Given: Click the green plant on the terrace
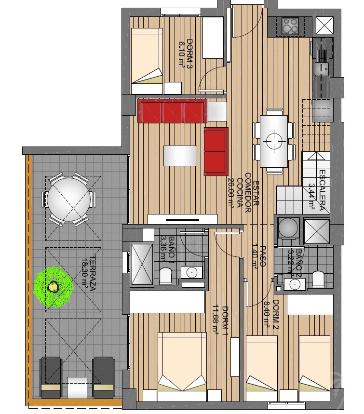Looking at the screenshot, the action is click(54, 287).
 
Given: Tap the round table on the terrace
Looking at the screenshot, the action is click(68, 200).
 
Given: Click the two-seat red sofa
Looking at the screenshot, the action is click(216, 151).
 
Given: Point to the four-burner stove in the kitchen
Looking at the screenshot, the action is click(290, 26).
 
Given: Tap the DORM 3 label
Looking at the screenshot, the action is click(189, 53).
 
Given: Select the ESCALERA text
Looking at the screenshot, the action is click(322, 190).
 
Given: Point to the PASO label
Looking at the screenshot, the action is click(263, 256).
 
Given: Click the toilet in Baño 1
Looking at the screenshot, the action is click(166, 276).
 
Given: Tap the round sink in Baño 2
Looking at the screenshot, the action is click(294, 284).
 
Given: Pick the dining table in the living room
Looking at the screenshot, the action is click(274, 141).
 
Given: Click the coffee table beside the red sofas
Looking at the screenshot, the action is click(180, 156).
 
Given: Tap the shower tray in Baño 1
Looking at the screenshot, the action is click(142, 264).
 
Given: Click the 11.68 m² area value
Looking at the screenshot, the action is click(216, 320).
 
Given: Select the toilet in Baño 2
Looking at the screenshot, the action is click(318, 280).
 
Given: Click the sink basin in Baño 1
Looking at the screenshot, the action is click(192, 272).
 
